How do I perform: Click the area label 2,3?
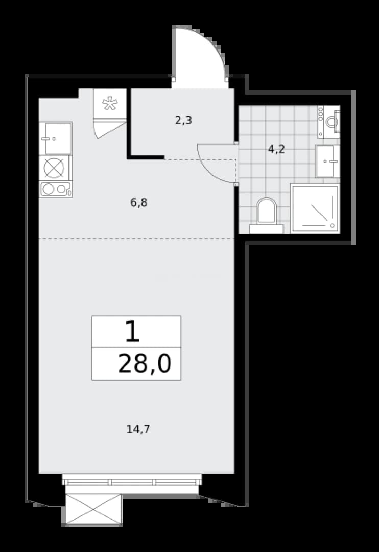click(183, 121)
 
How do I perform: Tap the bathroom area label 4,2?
click(276, 149)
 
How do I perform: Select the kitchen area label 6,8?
click(138, 202)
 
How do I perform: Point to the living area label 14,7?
click(138, 429)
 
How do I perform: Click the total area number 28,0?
click(145, 364)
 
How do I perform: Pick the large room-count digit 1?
click(133, 332)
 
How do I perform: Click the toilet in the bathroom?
click(267, 215)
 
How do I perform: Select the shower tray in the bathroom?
click(315, 208)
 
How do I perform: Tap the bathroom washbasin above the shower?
click(327, 161)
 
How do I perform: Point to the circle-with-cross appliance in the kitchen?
click(54, 168)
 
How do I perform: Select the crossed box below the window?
click(93, 510)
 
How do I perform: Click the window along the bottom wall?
click(132, 482)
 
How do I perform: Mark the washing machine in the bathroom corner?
click(328, 122)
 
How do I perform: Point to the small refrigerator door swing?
click(109, 129)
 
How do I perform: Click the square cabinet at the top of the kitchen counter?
click(56, 139)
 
